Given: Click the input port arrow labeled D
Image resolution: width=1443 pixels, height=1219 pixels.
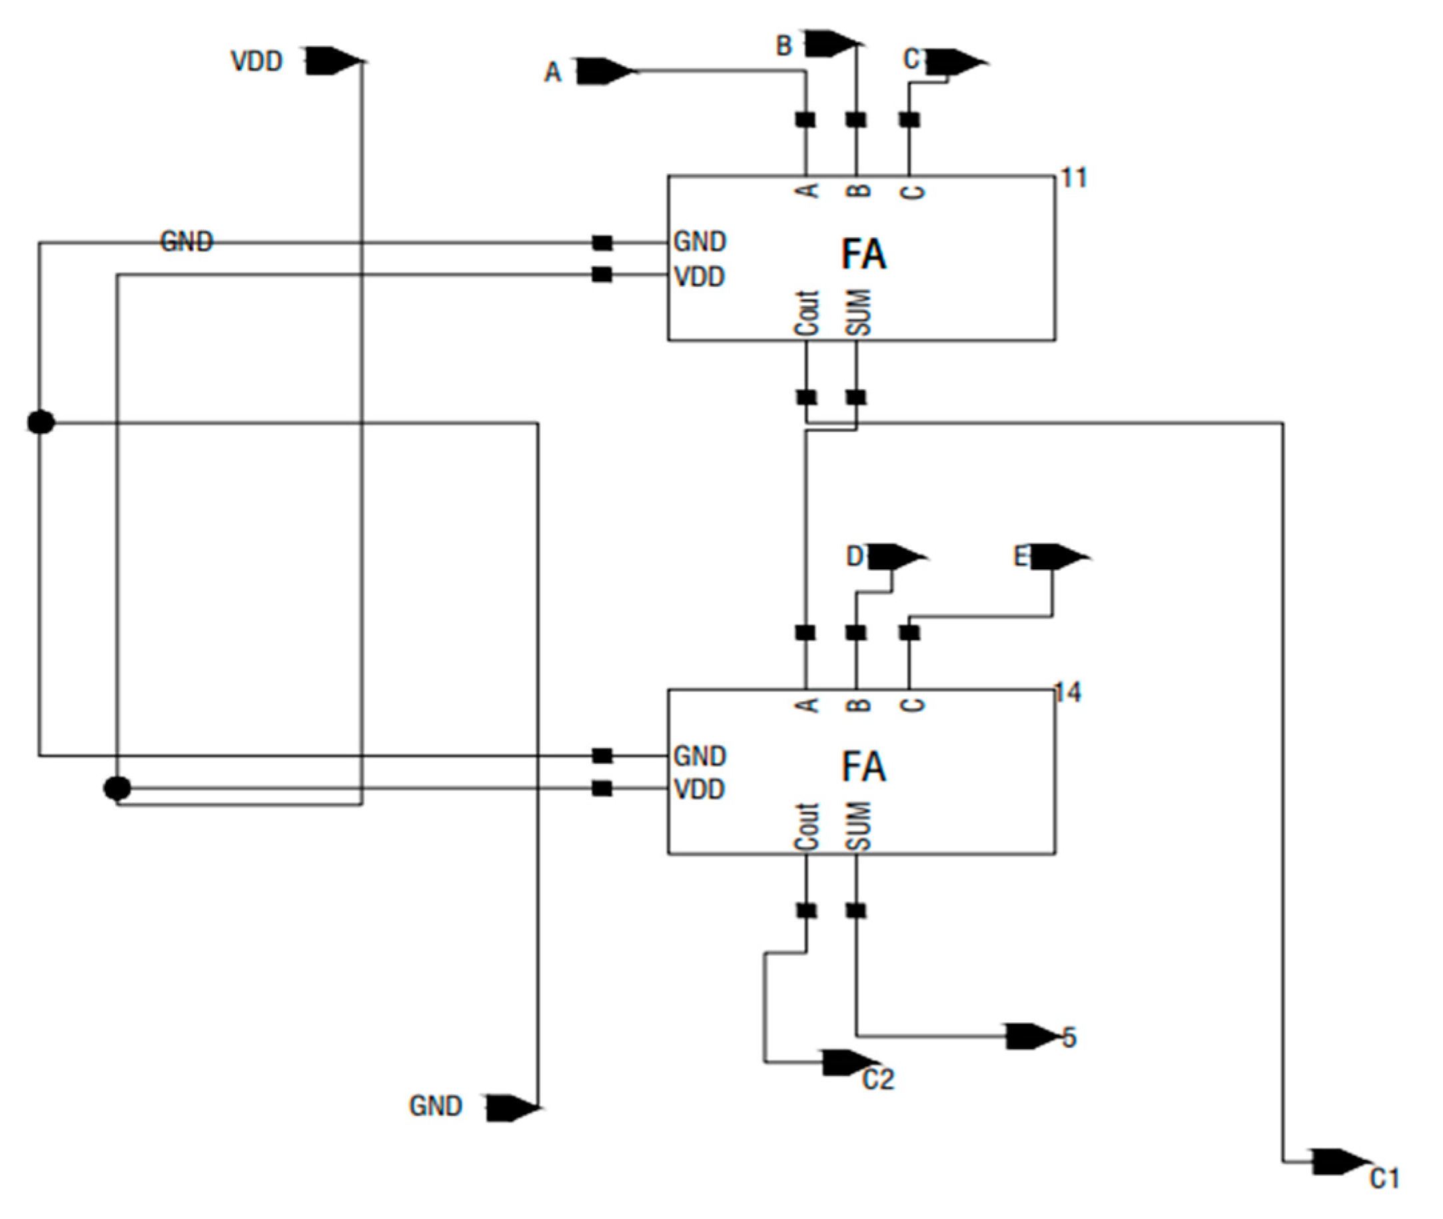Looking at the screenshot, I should (x=894, y=557).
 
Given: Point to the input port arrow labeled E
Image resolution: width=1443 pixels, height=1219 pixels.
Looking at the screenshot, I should (x=1057, y=557).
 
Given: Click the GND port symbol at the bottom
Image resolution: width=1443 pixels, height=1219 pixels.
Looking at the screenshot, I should (x=510, y=1108).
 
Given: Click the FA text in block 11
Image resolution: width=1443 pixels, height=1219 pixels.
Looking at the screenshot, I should (x=863, y=255).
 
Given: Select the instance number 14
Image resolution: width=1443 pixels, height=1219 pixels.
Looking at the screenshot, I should (x=1068, y=692).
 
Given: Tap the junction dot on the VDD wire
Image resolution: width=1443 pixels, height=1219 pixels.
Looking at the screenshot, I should (x=117, y=788).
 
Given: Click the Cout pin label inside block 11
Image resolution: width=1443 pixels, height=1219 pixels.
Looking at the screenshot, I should (x=806, y=313).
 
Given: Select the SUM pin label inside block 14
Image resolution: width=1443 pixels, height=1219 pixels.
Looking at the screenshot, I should (x=858, y=825).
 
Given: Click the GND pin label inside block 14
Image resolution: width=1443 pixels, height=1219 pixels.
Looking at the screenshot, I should (x=699, y=756).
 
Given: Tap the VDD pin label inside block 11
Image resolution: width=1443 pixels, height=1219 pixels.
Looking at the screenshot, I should (x=699, y=277).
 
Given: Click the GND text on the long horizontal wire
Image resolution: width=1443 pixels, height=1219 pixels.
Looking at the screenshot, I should (x=187, y=241).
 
